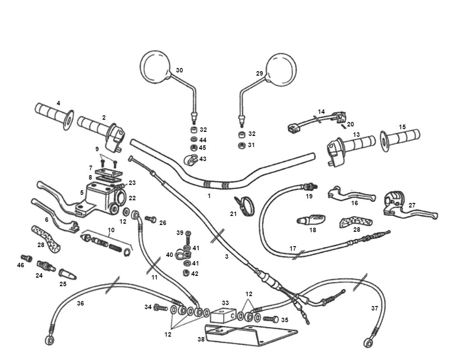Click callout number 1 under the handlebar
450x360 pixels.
point(209,196)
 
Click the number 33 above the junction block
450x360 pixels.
point(225,303)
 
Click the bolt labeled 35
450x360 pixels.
point(270,319)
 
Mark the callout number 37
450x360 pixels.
point(374,308)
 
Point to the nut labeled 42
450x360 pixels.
point(185,273)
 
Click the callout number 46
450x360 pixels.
point(21,265)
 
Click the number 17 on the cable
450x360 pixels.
point(292,248)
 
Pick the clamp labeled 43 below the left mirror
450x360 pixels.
point(189,159)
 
